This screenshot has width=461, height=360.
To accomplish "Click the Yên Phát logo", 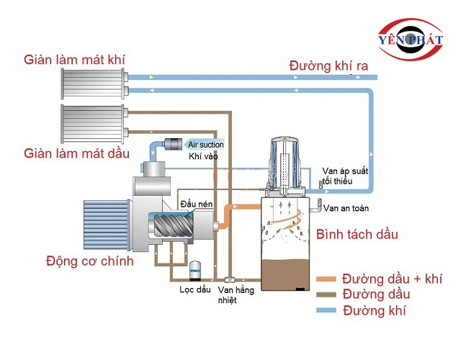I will tap(414, 39).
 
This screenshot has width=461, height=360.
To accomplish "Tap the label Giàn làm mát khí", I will tap(73, 58).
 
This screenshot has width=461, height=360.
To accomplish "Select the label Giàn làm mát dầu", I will tap(76, 153).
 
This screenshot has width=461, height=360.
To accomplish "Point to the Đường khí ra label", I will tap(328, 66).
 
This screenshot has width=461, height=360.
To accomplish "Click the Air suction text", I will tap(206, 145).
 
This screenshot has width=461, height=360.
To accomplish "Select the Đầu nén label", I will tap(197, 204).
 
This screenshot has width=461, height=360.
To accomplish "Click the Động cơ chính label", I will tap(89, 261).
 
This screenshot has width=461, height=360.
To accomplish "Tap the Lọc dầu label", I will tap(194, 291).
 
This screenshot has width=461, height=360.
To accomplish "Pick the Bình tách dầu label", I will tap(357, 235).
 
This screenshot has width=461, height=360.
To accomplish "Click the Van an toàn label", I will tap(346, 209).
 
